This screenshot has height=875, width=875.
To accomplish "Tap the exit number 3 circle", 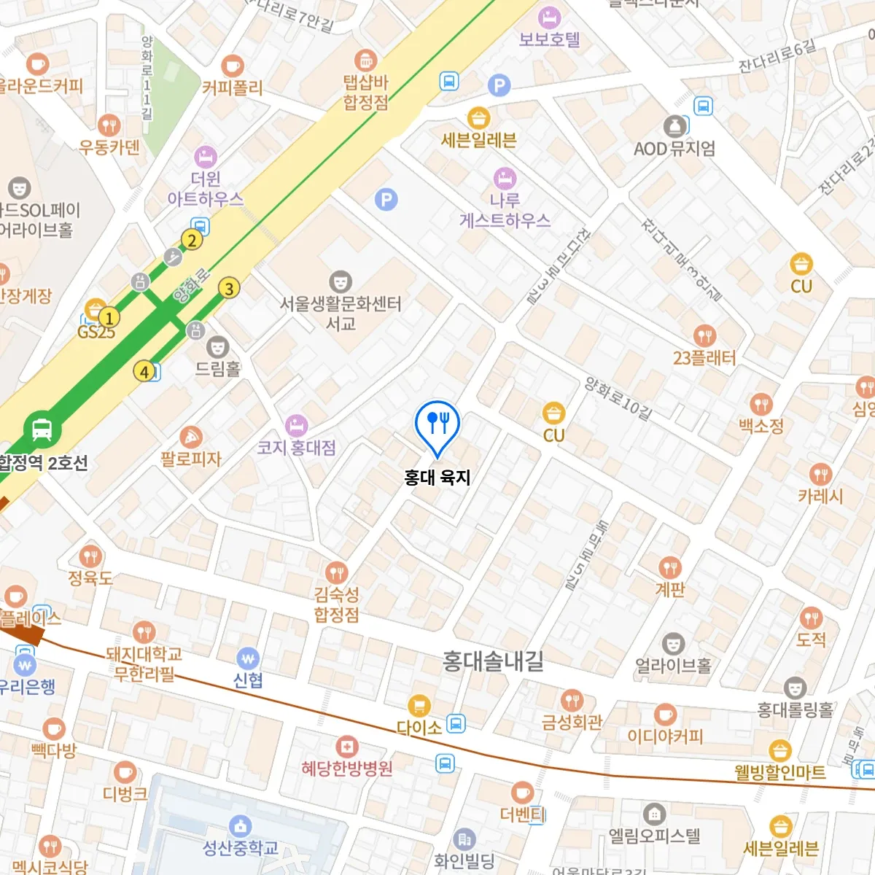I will pyautogui.click(x=229, y=289).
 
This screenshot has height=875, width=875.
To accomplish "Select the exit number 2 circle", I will pyautogui.click(x=192, y=240).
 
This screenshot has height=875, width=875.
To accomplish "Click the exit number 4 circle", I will pyautogui.click(x=144, y=372).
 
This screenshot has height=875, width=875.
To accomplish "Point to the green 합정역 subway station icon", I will pyautogui.click(x=42, y=429).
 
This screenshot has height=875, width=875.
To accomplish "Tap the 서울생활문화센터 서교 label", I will pyautogui.click(x=341, y=313).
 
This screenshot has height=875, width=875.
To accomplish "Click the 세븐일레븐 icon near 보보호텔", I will pyautogui.click(x=478, y=117).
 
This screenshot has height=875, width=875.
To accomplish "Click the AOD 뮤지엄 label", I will pyautogui.click(x=674, y=149).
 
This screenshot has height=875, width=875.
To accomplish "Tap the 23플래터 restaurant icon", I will pyautogui.click(x=704, y=335).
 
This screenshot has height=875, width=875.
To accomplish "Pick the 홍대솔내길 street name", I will pyautogui.click(x=493, y=661).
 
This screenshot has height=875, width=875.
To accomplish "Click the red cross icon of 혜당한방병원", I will pyautogui.click(x=347, y=747).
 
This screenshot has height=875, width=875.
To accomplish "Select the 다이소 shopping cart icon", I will pyautogui.click(x=419, y=705).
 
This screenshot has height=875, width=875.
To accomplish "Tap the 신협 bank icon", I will pyautogui.click(x=248, y=658).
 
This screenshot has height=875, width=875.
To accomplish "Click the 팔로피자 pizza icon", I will pyautogui.click(x=190, y=437).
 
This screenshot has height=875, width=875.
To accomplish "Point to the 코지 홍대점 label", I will pyautogui.click(x=297, y=448).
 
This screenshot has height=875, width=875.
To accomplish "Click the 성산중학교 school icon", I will pyautogui.click(x=240, y=826).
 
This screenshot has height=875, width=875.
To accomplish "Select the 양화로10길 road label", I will pyautogui.click(x=618, y=399).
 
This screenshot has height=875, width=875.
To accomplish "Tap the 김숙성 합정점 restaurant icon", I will pyautogui.click(x=336, y=572).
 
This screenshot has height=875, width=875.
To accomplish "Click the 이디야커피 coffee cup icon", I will pyautogui.click(x=664, y=715).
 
